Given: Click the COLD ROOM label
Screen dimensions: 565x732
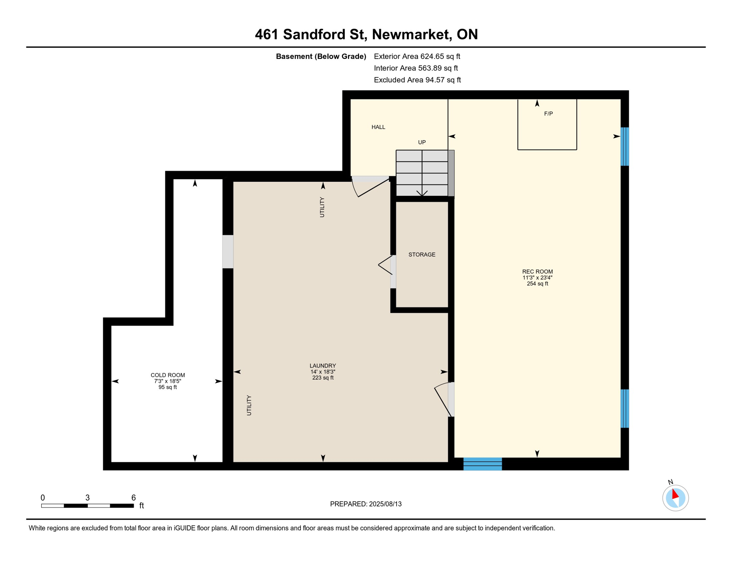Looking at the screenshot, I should coord(168,375).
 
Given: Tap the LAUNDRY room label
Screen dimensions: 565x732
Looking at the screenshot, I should coord(323,366).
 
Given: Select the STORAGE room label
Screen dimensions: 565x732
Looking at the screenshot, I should coord(422,255).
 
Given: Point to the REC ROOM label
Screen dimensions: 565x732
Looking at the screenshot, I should coord(537,272).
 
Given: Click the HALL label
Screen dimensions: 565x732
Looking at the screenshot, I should coord(378,127).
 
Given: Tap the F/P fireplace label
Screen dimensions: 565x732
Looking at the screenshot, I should coord(548,114).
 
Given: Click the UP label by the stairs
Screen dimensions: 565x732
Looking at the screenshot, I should coord(422,142).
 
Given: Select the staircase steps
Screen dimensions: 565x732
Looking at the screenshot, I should coord(422,173).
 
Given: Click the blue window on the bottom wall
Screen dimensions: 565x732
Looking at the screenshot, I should coord(482,464).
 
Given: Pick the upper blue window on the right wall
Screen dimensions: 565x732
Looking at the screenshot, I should coord(624,146).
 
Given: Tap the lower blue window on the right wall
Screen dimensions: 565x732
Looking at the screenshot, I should coord(624,408).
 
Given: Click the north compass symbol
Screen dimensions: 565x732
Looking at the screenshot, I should coord(675,498).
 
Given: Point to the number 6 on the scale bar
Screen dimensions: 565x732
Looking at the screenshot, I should coord(133,498).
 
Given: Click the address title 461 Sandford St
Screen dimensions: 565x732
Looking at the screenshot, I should coord(366,34).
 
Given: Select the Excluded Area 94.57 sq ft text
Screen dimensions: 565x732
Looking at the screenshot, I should coord(417,80).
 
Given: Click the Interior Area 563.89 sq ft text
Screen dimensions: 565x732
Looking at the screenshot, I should coord(415,68).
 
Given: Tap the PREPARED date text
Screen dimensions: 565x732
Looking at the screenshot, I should coord(366,504).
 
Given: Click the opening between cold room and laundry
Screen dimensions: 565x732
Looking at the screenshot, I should coord(228,252).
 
